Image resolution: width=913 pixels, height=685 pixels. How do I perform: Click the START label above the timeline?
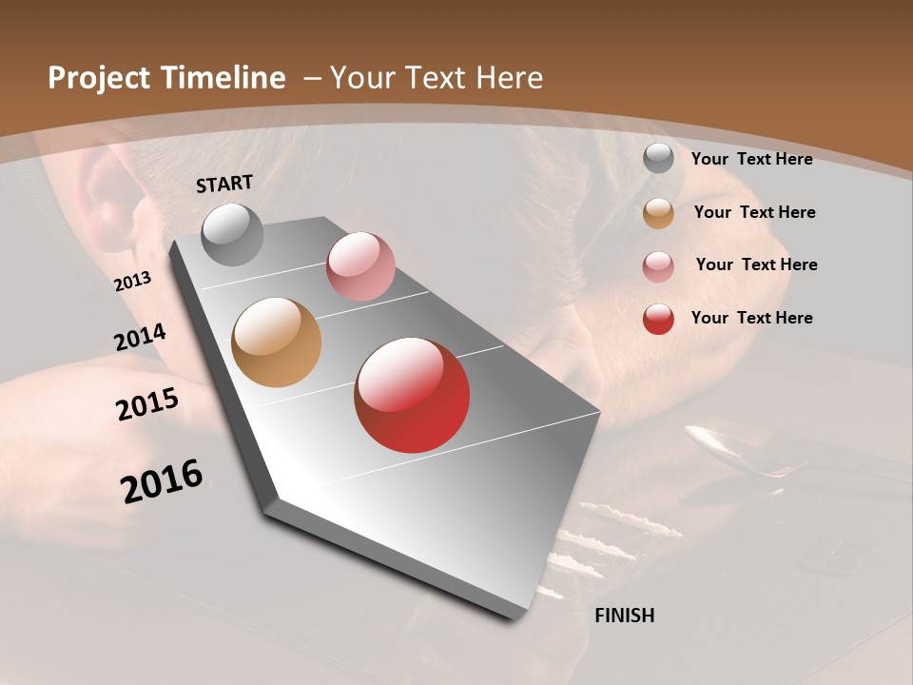click(224, 184)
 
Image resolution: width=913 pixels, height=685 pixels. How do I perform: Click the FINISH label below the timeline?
click(624, 616)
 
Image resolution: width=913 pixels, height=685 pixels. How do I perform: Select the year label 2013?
click(132, 282)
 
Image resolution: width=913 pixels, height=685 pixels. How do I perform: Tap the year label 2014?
click(141, 337)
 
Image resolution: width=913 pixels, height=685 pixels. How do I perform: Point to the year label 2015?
click(147, 404)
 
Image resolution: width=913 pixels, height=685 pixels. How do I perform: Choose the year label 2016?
click(162, 481)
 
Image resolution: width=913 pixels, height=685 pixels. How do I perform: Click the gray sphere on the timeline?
click(232, 234)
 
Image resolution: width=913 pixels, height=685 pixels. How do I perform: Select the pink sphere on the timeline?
click(360, 266)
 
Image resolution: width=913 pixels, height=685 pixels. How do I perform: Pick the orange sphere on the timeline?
click(276, 342)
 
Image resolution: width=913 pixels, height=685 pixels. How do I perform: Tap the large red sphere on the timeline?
click(412, 395)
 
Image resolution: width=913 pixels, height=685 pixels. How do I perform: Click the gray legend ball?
click(658, 159)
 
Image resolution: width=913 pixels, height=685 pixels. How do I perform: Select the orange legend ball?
click(658, 213)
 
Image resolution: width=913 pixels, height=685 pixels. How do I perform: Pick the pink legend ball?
click(658, 265)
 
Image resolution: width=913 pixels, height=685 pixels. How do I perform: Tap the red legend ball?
click(658, 319)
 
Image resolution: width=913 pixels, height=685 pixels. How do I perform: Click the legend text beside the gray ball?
click(751, 159)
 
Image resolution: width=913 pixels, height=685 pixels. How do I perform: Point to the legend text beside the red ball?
click(751, 318)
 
